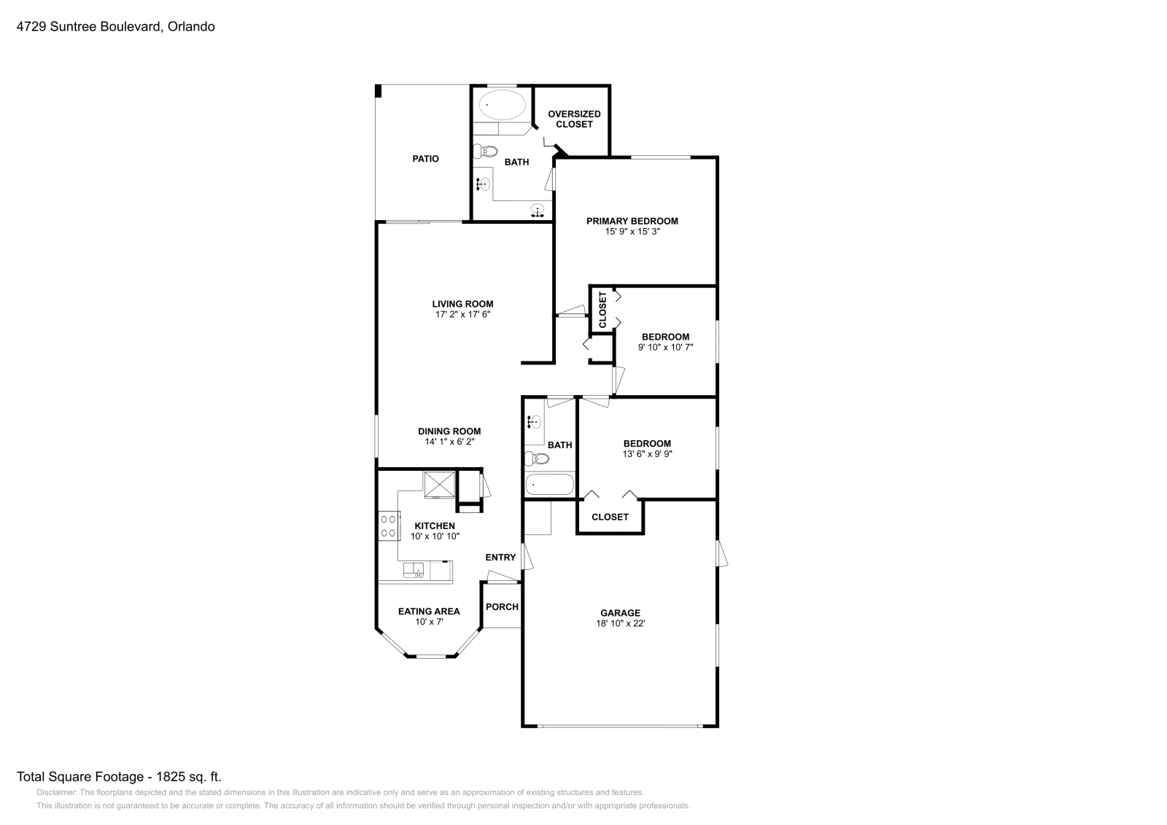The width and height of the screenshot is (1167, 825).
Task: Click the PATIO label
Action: [425, 159]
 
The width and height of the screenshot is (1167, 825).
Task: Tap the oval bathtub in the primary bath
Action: [503, 106]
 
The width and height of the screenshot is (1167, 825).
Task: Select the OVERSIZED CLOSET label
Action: [574, 119]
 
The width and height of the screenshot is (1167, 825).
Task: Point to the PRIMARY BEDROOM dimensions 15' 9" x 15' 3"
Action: [632, 232]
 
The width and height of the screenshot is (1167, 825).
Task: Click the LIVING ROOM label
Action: [462, 304]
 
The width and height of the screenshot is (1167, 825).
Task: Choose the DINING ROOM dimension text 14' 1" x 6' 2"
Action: [449, 442]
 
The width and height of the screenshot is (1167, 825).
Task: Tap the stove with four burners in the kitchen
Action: [388, 526]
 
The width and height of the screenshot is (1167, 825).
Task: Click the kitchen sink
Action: [414, 570]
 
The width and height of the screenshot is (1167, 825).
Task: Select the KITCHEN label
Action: [435, 525]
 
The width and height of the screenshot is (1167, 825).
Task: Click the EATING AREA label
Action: [429, 611]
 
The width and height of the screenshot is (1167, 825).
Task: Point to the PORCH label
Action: [502, 607]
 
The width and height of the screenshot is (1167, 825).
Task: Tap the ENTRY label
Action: [500, 558]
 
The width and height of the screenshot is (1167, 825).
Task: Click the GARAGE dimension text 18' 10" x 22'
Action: [621, 624]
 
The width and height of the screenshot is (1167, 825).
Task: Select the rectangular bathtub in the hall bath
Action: [548, 484]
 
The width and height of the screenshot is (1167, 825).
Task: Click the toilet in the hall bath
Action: [536, 459]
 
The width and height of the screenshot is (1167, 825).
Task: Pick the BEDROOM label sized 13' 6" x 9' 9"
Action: [647, 443]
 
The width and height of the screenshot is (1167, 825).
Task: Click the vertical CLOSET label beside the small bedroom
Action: [602, 310]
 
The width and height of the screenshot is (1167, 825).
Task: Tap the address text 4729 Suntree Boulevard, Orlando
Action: [115, 27]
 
